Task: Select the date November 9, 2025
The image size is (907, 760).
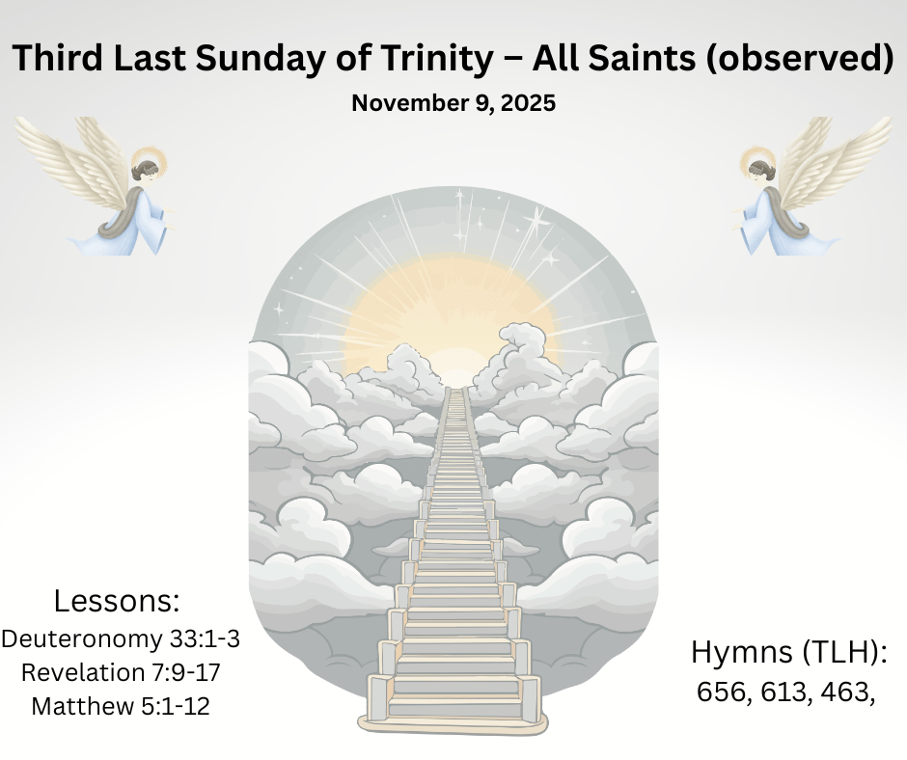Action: pyautogui.click(x=453, y=103)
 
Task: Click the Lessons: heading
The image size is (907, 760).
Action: pyautogui.click(x=117, y=600)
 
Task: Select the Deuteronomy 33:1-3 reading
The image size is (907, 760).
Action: pyautogui.click(x=121, y=639)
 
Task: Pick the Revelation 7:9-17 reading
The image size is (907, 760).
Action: pyautogui.click(x=121, y=672)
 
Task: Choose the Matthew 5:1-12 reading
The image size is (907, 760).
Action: pyautogui.click(x=121, y=706)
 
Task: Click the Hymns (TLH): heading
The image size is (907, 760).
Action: pyautogui.click(x=789, y=652)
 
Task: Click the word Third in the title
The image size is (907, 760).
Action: pyautogui.click(x=58, y=59)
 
